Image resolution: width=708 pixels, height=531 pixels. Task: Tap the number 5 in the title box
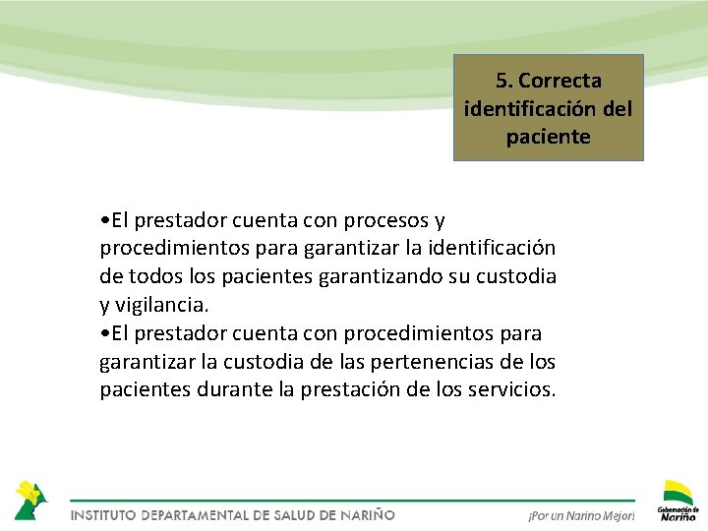tap(502, 80)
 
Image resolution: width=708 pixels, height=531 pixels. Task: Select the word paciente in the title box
tap(549, 137)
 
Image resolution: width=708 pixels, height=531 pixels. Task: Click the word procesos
tap(385, 218)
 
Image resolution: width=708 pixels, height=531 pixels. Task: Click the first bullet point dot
tap(104, 219)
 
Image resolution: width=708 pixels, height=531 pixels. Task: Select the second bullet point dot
tap(104, 333)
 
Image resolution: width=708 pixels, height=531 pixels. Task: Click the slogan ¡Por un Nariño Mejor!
tap(581, 515)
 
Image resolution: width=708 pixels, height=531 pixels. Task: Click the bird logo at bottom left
tap(30, 499)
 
